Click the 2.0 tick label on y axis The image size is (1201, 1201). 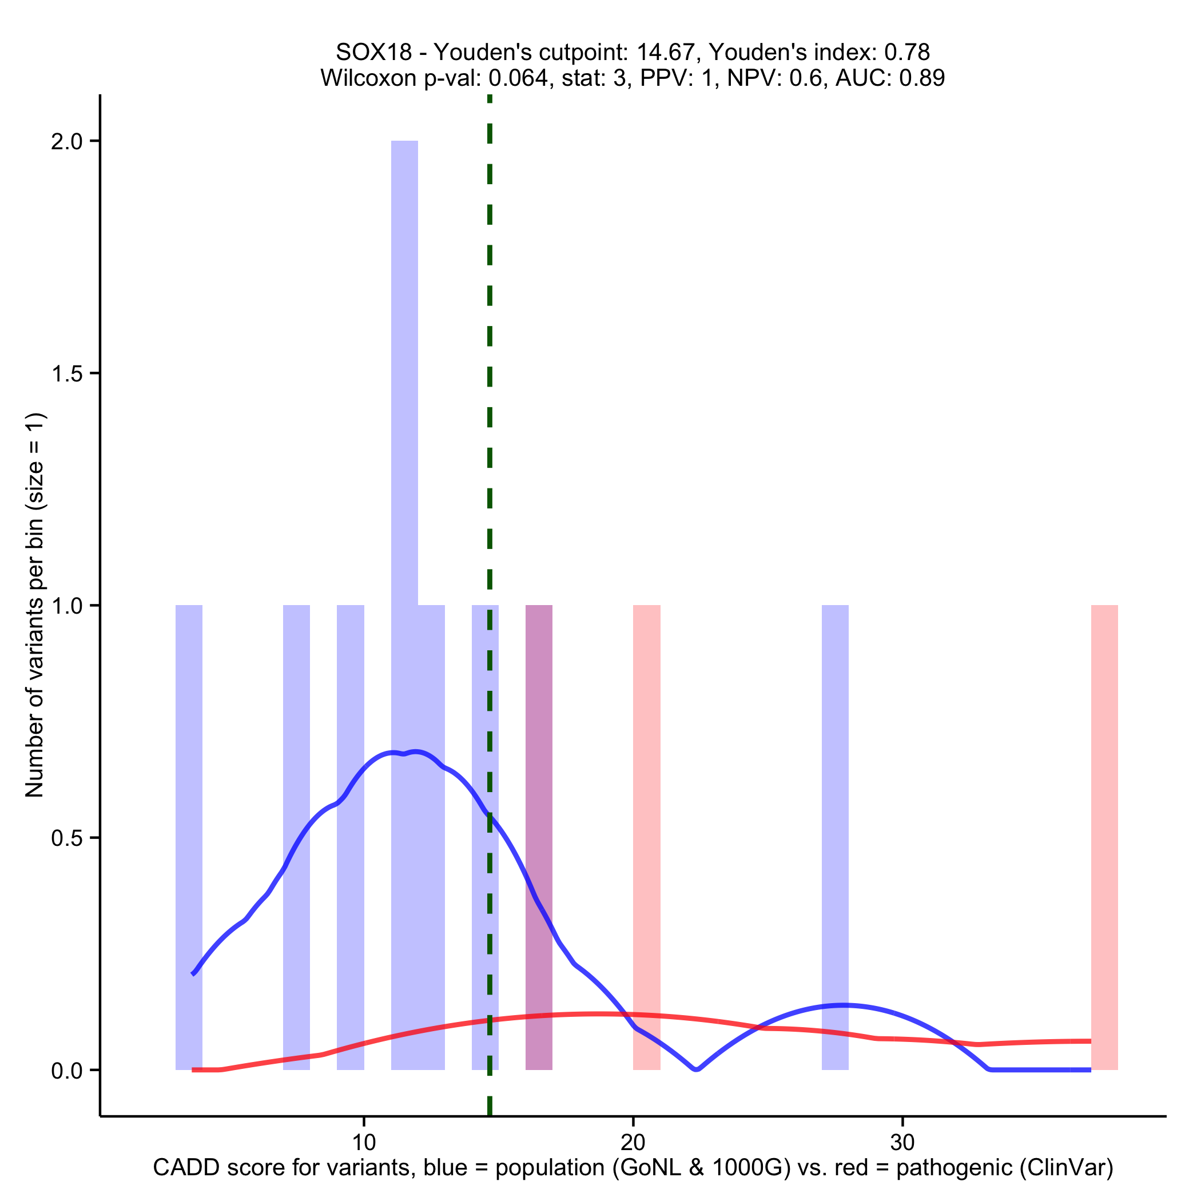(66, 142)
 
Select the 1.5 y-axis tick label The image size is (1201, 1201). (66, 373)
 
